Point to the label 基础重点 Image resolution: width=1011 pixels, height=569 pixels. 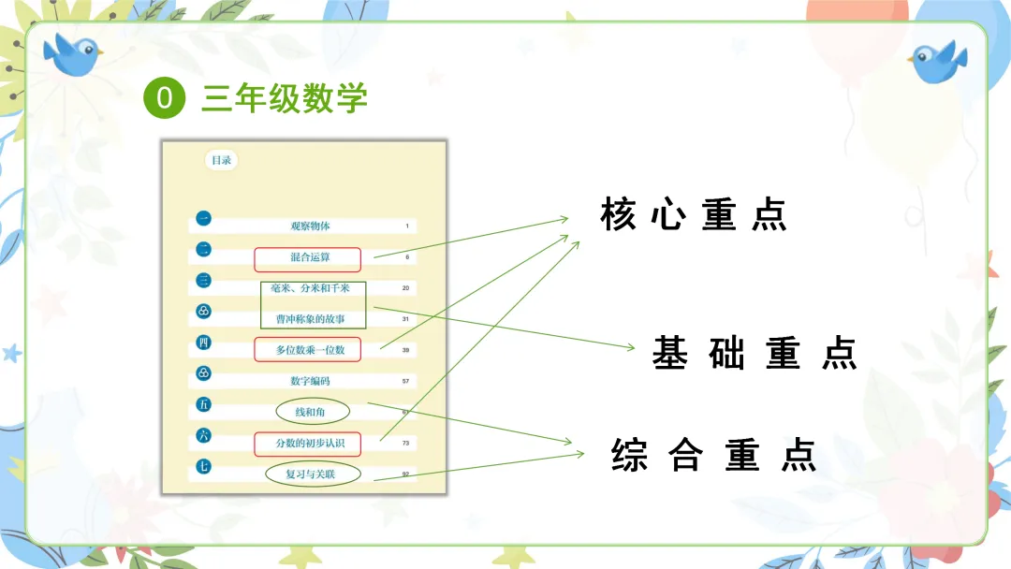[x=755, y=354]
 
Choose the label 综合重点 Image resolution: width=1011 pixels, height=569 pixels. [x=713, y=455]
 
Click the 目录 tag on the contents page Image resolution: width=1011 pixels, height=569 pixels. [x=221, y=160]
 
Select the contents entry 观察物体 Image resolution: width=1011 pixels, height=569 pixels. [x=310, y=226]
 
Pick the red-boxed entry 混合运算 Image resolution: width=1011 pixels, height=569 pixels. [x=307, y=257]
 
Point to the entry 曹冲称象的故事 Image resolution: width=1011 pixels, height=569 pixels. [x=312, y=318]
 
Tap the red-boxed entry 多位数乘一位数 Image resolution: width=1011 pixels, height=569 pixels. [x=307, y=350]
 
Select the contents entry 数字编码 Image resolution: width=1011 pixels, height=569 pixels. [x=310, y=381]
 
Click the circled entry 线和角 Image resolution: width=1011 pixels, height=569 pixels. [x=312, y=412]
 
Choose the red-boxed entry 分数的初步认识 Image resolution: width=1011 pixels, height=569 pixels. [x=307, y=443]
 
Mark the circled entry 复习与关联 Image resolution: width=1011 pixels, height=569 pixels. [x=310, y=474]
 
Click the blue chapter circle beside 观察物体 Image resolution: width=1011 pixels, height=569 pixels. [x=203, y=220]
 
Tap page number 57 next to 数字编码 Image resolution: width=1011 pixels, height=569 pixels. [x=406, y=382]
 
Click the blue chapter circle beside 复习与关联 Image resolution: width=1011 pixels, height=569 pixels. [x=203, y=466]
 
